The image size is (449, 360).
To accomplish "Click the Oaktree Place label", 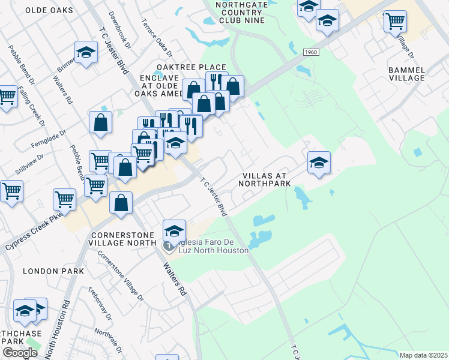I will point(191,67).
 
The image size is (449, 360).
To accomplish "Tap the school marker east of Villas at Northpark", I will point(319,162).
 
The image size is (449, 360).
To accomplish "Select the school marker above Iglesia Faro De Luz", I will point(174,230).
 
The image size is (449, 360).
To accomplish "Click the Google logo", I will point(20,353).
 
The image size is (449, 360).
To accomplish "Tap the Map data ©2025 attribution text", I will point(423,355).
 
